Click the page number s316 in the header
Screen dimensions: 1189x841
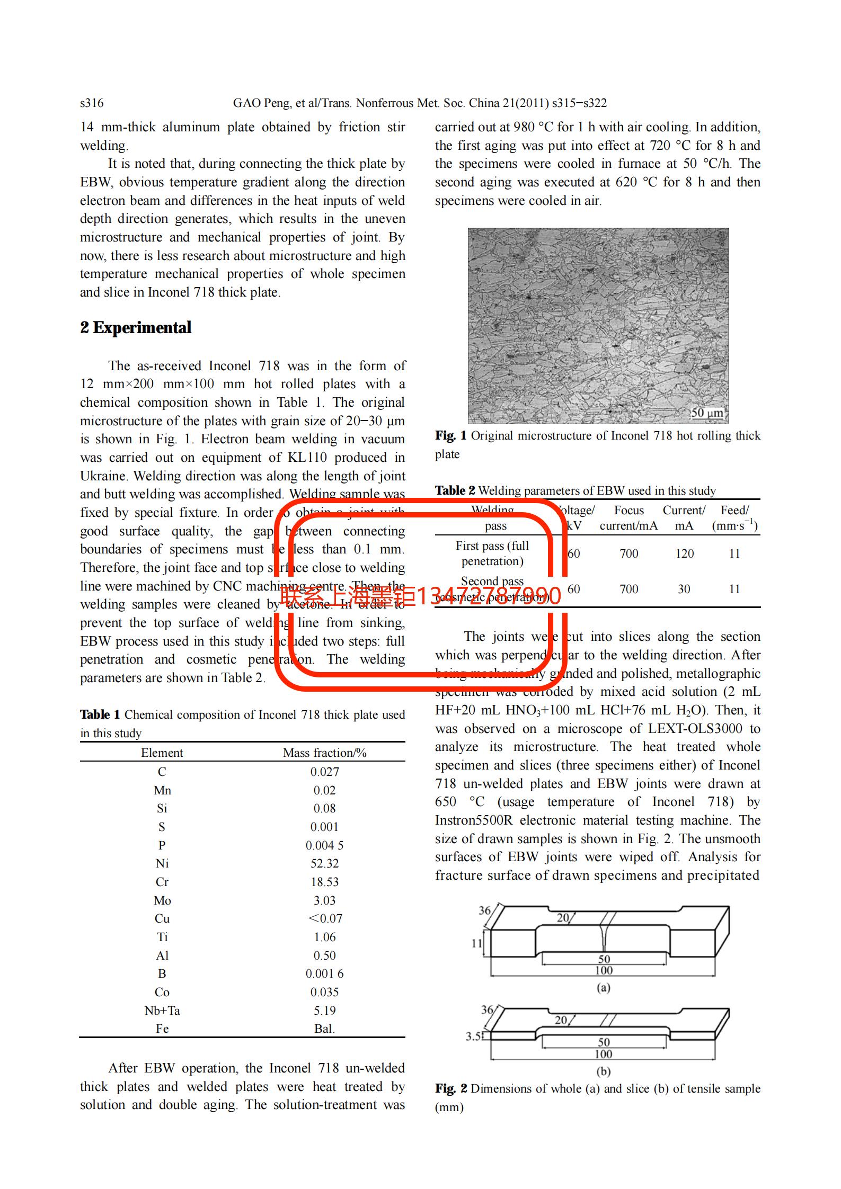click(x=92, y=103)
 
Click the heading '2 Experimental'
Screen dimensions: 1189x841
click(x=136, y=328)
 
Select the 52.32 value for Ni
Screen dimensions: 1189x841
click(x=324, y=863)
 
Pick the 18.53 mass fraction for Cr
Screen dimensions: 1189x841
click(x=324, y=882)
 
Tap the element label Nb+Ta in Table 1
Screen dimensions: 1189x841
click(x=162, y=1011)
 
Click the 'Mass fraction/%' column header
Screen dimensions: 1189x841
click(x=324, y=753)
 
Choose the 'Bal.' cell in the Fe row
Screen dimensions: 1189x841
click(x=324, y=1029)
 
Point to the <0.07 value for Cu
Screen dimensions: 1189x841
click(x=325, y=918)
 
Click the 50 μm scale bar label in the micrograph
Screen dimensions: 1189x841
click(x=707, y=413)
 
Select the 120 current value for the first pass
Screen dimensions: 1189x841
click(x=684, y=553)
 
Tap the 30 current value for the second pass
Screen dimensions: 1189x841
click(x=684, y=589)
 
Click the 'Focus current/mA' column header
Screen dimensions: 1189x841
click(x=628, y=518)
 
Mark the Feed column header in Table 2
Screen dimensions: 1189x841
click(x=734, y=518)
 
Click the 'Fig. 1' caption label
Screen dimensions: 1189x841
click(x=450, y=436)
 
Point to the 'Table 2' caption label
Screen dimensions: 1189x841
click(x=455, y=490)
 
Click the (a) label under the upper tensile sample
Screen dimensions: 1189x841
click(x=604, y=987)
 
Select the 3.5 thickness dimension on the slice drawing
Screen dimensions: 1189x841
click(x=473, y=1036)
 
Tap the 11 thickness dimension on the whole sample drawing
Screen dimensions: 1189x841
click(x=476, y=943)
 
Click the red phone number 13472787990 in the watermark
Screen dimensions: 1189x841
click(x=489, y=596)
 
